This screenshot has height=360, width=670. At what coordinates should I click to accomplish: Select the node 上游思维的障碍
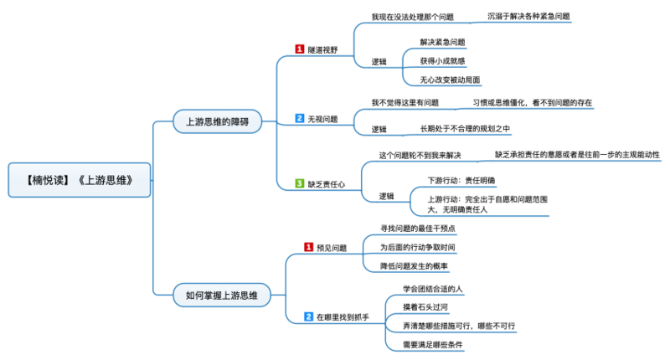tap(216, 121)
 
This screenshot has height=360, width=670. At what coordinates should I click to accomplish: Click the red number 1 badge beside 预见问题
tap(308, 247)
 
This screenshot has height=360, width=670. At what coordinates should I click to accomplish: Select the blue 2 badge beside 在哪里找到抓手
tap(308, 316)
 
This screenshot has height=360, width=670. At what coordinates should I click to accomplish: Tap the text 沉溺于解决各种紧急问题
tap(528, 16)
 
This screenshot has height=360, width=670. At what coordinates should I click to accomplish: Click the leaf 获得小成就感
tap(443, 60)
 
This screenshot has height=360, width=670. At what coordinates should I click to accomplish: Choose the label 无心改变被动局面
tap(450, 80)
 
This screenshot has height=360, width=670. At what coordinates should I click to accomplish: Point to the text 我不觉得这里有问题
tap(405, 102)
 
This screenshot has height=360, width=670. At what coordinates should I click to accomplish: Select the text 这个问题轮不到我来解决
tap(420, 155)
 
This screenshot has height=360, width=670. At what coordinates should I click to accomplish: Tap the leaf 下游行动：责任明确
tap(461, 179)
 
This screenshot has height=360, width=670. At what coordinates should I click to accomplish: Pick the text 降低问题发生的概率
tap(414, 266)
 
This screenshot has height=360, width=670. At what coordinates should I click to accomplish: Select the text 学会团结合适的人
tap(432, 288)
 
